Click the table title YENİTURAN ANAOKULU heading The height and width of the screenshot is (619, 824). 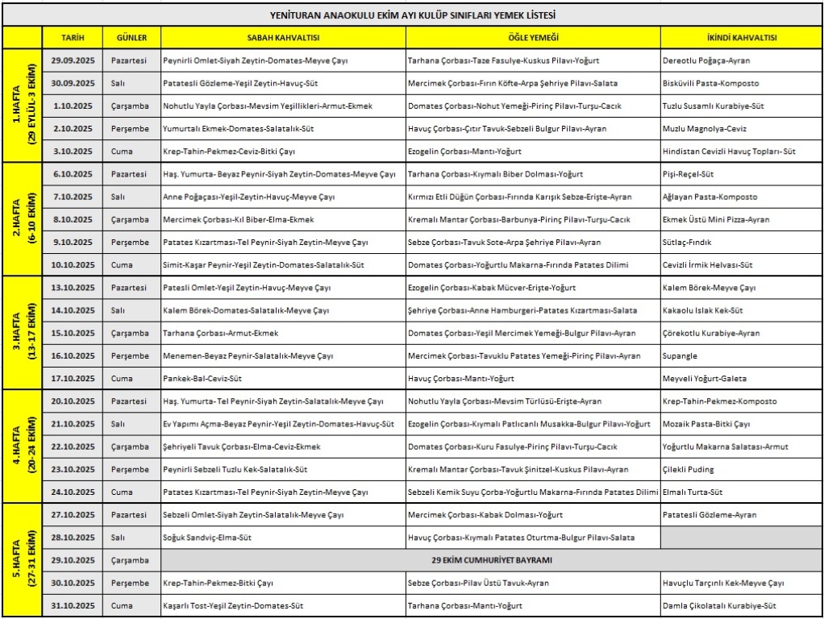412,15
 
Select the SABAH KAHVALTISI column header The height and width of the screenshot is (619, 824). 283,38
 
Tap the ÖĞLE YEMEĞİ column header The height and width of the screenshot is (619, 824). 533,38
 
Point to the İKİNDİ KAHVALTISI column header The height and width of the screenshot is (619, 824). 741,38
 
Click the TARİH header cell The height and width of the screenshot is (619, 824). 72,38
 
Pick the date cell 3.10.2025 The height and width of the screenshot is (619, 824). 72,151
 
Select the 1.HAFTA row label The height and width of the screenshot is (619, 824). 22,106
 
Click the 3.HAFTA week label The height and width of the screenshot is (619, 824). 22,332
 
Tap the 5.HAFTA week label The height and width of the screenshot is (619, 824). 22,559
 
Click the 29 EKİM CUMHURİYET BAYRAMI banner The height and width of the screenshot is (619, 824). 491,560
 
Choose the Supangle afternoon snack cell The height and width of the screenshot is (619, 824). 741,355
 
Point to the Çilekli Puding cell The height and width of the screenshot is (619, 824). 741,469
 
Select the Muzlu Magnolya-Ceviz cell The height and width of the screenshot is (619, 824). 741,128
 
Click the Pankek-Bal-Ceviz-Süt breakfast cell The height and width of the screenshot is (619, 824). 283,378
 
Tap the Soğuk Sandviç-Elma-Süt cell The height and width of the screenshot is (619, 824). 283,538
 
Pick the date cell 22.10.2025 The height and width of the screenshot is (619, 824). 72,447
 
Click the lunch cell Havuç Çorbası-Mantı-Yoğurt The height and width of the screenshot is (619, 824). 533,378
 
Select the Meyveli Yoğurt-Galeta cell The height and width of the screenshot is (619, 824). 741,378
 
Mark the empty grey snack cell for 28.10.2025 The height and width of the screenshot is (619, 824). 741,538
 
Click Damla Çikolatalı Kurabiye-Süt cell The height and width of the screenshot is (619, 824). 741,605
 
